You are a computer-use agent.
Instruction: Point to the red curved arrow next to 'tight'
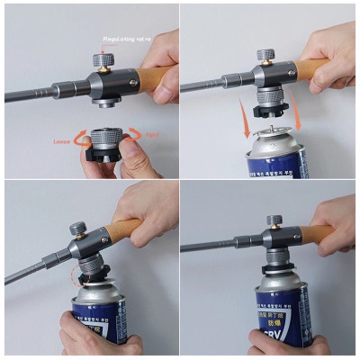[x=135, y=135]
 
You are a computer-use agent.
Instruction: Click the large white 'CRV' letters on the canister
[x=280, y=345]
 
